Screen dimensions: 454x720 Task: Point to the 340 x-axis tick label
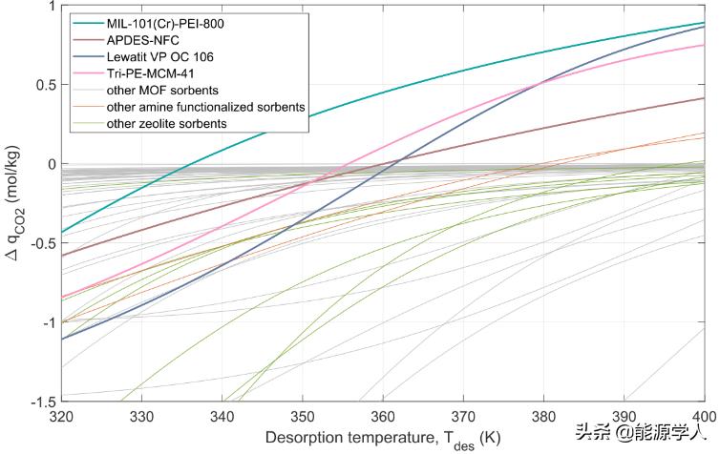click(x=222, y=416)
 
